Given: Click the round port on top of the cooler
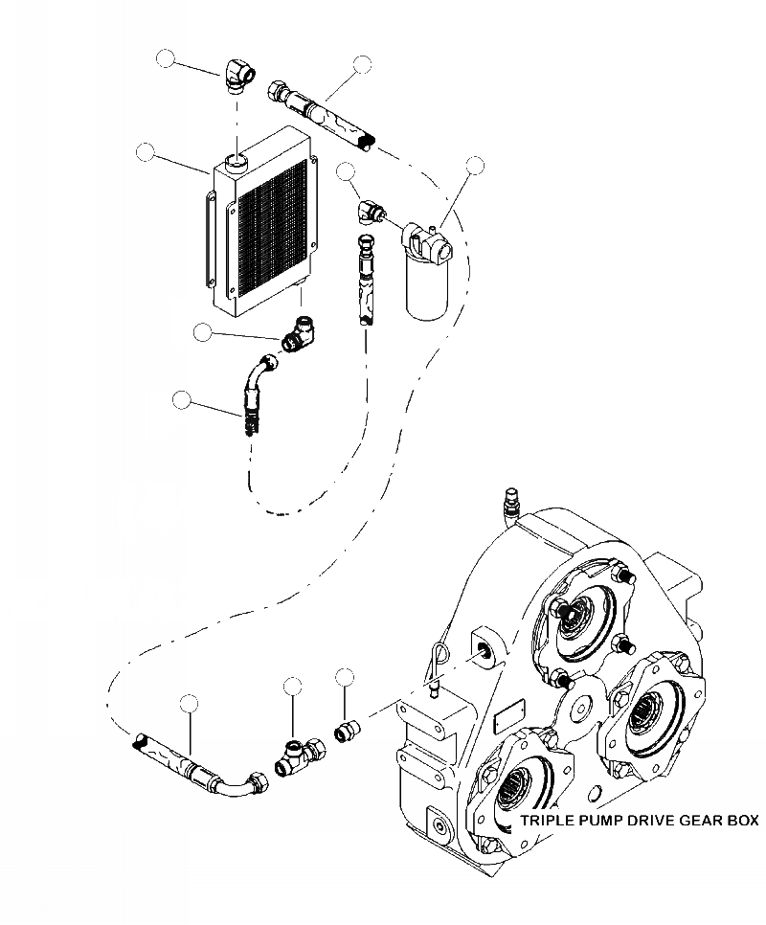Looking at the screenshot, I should pyautogui.click(x=237, y=158).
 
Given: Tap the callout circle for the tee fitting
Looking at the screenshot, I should pyautogui.click(x=293, y=686).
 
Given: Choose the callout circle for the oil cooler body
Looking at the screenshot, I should pyautogui.click(x=146, y=151).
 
